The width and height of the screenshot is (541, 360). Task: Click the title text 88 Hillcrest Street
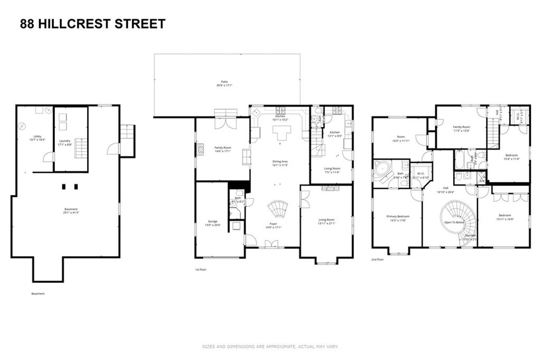coord(92,24)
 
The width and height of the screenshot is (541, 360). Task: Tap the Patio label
coord(225,82)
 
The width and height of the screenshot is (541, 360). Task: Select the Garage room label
coord(212,221)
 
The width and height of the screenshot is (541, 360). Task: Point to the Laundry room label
coord(65,141)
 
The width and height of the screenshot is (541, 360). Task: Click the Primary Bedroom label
coord(398,216)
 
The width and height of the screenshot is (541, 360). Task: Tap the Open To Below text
coord(454,222)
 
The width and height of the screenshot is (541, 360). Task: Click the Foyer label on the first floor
coord(273,224)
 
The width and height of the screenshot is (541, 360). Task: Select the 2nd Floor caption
coord(378,260)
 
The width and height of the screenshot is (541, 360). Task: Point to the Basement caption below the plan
coord(38,293)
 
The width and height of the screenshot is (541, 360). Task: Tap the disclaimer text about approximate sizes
coord(270,347)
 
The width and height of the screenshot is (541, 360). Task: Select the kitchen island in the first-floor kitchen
coord(279,136)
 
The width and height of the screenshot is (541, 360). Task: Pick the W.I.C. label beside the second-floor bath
coord(421,173)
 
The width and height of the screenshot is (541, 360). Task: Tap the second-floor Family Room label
coord(462,127)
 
